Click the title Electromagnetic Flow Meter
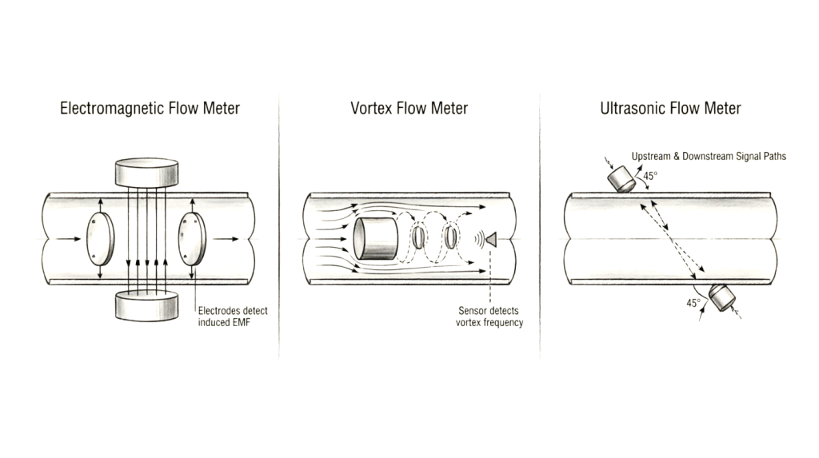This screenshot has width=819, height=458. (150, 108)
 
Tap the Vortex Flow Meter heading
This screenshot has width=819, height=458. (409, 108)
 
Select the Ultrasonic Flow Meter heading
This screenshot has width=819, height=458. (670, 108)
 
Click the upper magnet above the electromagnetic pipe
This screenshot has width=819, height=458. (146, 173)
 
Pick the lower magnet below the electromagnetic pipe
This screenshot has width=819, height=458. (146, 305)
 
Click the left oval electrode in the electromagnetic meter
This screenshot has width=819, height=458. (100, 239)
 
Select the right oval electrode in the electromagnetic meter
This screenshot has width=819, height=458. (192, 239)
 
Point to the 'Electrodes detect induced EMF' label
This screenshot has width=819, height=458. (233, 317)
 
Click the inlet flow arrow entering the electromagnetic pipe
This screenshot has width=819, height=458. (69, 239)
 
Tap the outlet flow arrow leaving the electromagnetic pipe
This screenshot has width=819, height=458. (226, 239)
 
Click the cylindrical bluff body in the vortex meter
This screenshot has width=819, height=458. (375, 239)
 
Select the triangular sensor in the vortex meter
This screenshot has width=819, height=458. (491, 239)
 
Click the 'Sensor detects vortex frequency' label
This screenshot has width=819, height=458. (489, 317)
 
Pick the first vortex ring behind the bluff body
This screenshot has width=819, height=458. (417, 237)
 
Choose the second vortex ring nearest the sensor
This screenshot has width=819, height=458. (451, 237)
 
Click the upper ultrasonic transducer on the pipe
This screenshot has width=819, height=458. (621, 179)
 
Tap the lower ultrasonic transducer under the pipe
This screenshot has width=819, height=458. (722, 297)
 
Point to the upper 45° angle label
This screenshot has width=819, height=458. (650, 176)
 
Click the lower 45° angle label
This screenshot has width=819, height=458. (693, 303)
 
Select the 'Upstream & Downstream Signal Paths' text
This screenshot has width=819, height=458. (709, 156)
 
